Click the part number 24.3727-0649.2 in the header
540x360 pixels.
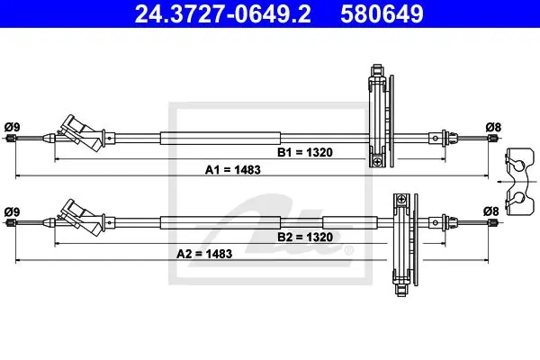[x=222, y=13]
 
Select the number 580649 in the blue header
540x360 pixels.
[x=382, y=13]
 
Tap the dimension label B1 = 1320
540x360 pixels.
[x=305, y=152]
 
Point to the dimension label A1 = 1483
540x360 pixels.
[x=233, y=170]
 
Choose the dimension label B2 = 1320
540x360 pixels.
[x=305, y=237]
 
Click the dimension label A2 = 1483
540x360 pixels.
[x=204, y=254]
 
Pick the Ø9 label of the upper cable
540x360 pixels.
[x=12, y=127]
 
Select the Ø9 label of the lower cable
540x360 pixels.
[x=12, y=211]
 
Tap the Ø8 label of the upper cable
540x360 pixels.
[x=493, y=127]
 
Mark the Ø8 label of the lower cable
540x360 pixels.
[x=491, y=211]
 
